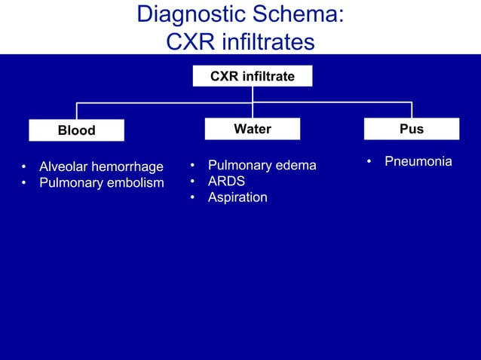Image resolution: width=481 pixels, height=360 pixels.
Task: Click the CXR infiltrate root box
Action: (252, 76)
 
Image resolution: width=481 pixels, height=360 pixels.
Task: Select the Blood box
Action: (77, 130)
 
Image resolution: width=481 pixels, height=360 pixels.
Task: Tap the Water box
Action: (253, 130)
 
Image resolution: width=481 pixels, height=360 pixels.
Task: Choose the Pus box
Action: (412, 130)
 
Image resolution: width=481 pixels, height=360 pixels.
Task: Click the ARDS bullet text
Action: (226, 182)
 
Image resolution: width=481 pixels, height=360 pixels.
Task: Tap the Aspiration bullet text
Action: (237, 197)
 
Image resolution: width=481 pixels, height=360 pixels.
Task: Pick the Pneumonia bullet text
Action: (418, 162)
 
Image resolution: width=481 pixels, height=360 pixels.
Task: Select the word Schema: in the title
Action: (301, 15)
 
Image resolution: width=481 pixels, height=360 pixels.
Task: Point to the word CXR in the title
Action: (189, 42)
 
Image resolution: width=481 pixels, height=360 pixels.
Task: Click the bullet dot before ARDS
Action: (193, 182)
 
